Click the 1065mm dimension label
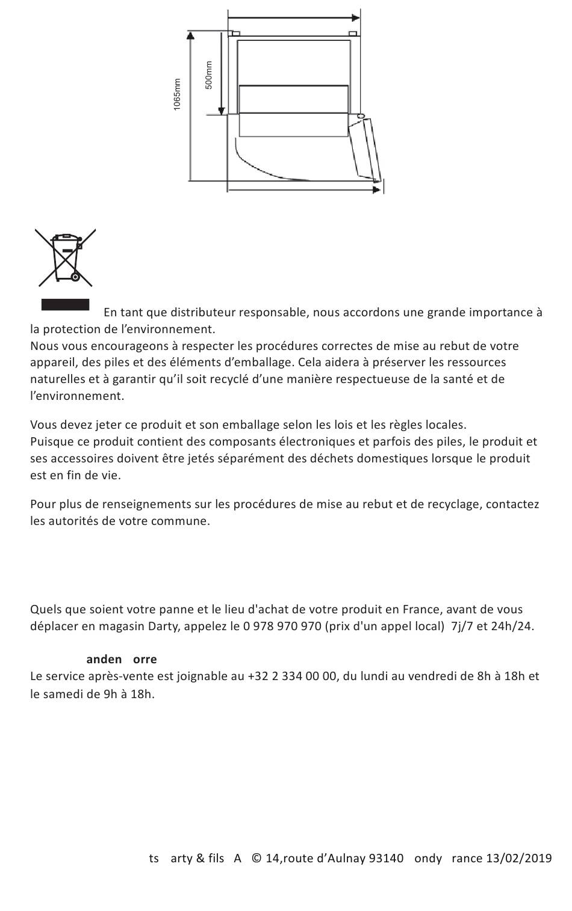coord(177,94)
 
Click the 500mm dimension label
coord(209,75)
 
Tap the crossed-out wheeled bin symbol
coord(66,257)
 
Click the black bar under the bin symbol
coord(65,304)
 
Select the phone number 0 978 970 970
coord(282,626)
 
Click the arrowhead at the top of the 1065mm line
coord(190,36)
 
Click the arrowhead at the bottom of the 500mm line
coord(222,111)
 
